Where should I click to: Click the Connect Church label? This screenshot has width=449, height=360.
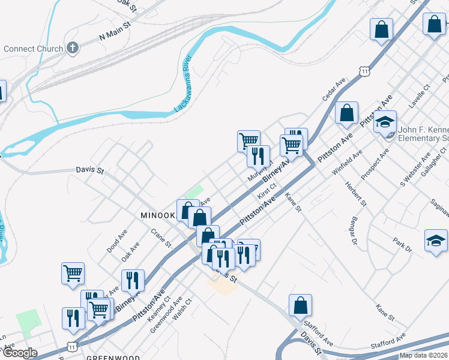tap(33, 49)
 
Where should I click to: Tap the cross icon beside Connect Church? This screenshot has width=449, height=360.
tap(73, 48)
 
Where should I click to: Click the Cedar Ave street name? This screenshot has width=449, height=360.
tap(334, 90)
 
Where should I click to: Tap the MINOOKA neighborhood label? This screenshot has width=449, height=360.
tap(157, 214)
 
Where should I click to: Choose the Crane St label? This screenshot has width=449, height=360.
tap(161, 238)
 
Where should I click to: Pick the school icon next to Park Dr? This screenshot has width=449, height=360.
tap(436, 241)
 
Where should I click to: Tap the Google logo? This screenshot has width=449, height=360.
tap(19, 353)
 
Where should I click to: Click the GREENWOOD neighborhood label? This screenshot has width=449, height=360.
tap(109, 357)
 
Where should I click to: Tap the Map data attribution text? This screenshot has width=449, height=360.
tap(423, 355)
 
